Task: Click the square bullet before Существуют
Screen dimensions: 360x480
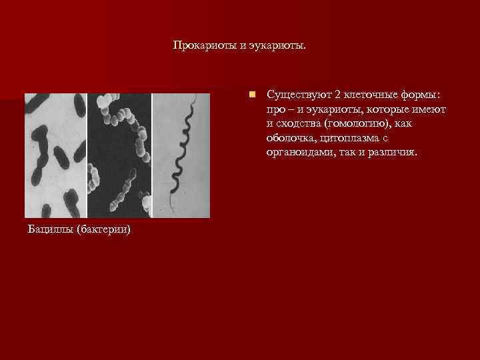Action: (251, 95)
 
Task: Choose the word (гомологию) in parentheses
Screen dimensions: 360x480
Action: (352, 123)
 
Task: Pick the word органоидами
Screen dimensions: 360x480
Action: (297, 152)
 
